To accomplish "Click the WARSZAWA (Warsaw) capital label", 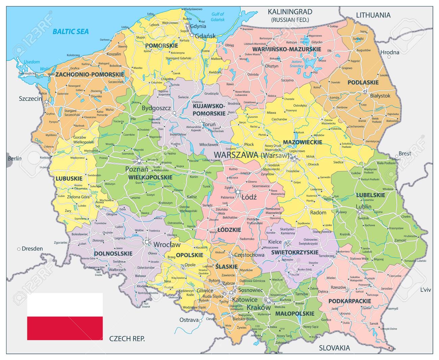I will coord(252,155).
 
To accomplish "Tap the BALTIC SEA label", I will coord(71,32).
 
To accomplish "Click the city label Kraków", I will coord(259,308).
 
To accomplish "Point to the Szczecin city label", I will coord(30,99).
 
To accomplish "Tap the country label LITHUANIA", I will coord(373,15).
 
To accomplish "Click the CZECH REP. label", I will coord(127,338).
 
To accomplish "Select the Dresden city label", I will coord(32,249).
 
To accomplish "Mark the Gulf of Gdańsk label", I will coord(217,17).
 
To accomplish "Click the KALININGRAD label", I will coord(290,12).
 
